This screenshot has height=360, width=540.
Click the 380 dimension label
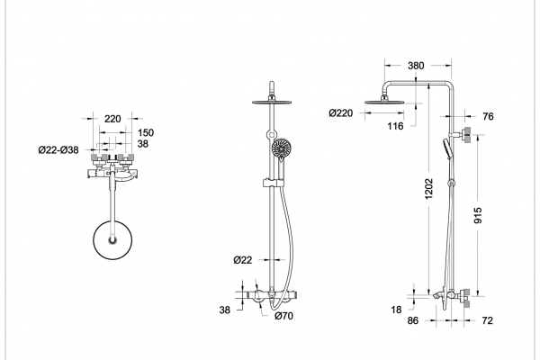(416, 66)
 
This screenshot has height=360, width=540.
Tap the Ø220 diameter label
(340, 113)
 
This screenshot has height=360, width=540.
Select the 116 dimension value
(395, 126)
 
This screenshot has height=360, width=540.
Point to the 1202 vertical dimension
(428, 189)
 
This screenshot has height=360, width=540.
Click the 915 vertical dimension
(478, 215)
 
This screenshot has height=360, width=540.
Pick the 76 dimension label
(488, 116)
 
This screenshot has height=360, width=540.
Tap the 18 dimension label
(396, 310)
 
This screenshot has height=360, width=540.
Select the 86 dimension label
(413, 320)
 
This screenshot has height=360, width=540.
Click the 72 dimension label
(487, 320)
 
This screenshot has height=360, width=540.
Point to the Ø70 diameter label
(284, 316)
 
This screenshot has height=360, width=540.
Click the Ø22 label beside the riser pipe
(243, 260)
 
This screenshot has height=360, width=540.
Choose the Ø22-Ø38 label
(58, 150)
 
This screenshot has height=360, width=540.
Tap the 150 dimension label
(146, 132)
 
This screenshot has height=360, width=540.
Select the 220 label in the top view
(112, 119)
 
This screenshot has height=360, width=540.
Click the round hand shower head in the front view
(282, 148)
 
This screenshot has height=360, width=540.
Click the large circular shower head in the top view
(112, 240)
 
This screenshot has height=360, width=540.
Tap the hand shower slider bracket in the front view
(273, 183)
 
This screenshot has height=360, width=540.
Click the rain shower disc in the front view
(272, 102)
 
